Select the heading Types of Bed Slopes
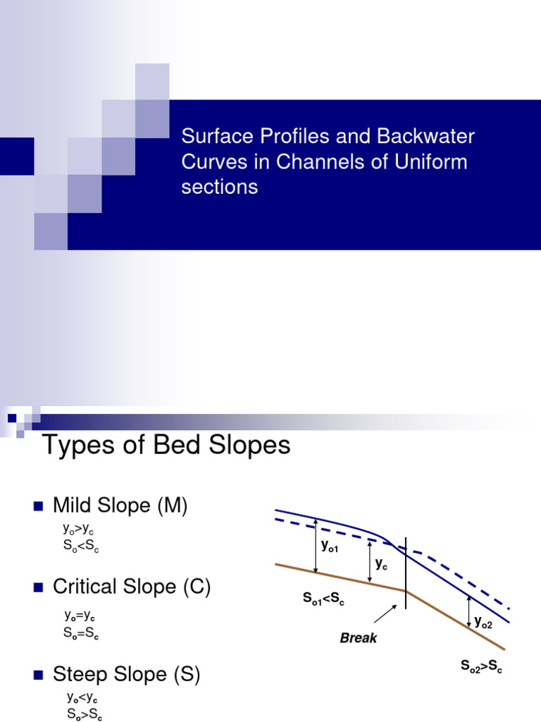tap(166, 446)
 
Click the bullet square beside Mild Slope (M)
tap(38, 506)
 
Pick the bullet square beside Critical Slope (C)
tap(38, 587)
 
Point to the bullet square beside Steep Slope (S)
tap(38, 675)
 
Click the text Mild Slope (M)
tap(120, 506)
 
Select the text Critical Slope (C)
tap(132, 587)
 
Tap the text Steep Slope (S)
tap(127, 675)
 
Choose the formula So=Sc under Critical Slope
tap(80, 632)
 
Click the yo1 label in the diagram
tap(330, 545)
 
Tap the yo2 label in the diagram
tap(484, 622)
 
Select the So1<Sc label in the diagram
tap(323, 599)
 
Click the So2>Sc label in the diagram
tap(481, 666)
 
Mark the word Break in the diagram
tap(359, 638)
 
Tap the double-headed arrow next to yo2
tap(469, 612)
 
